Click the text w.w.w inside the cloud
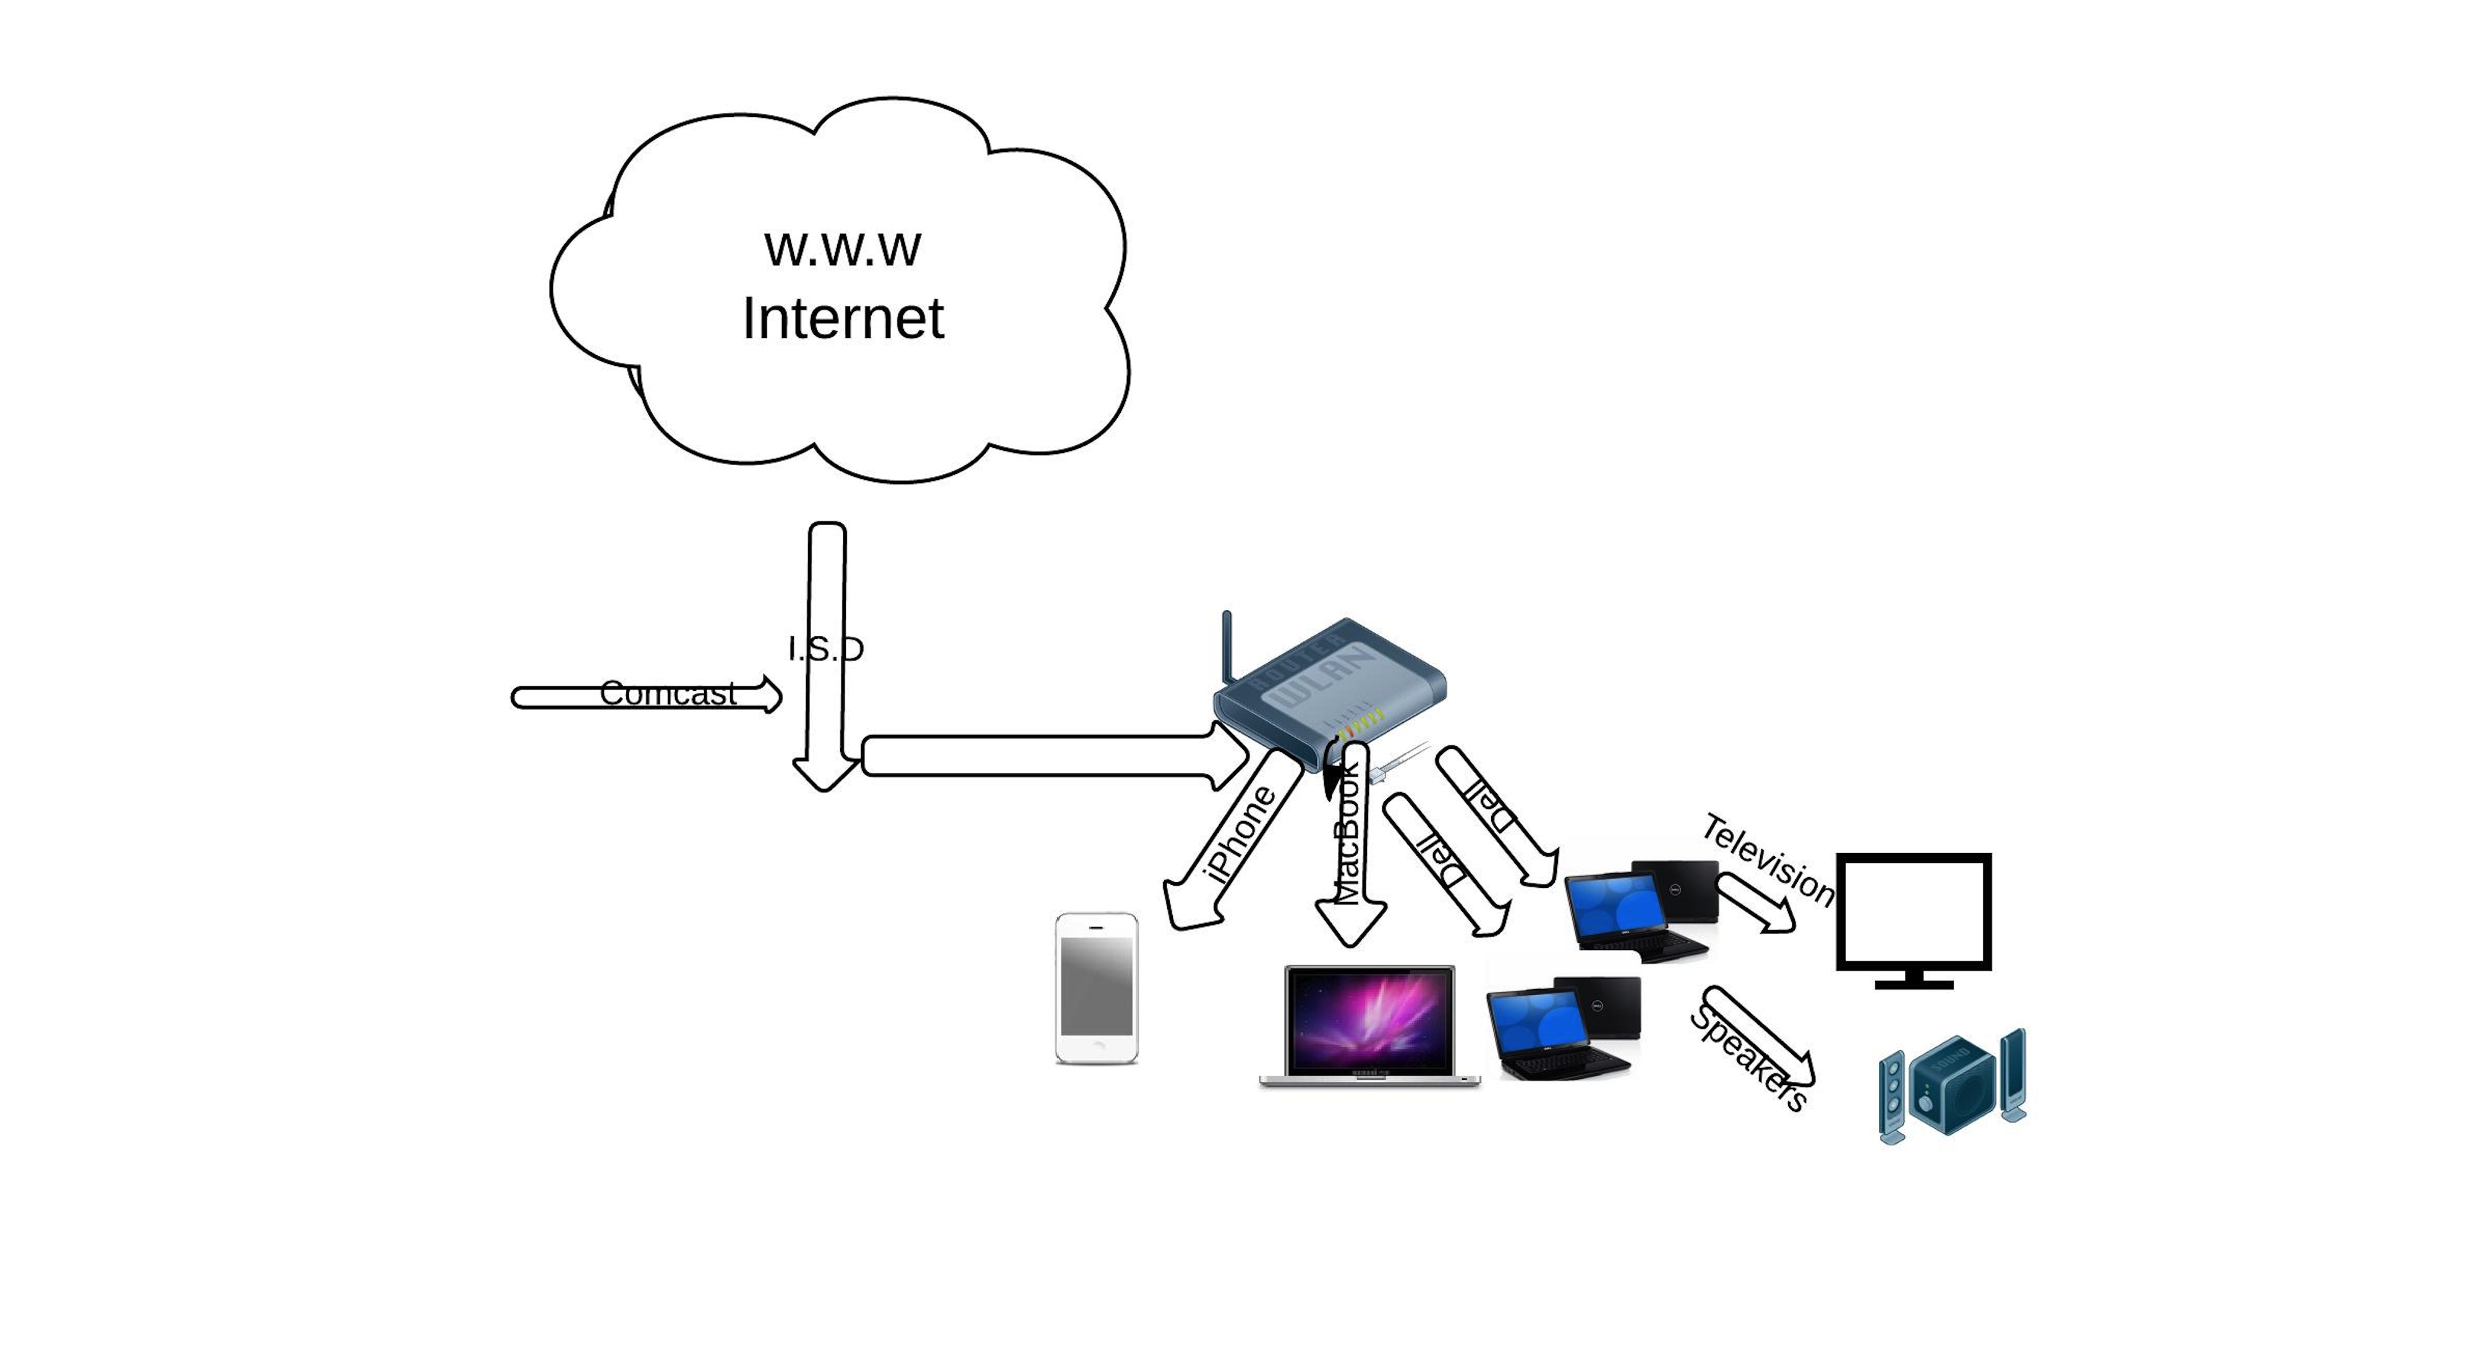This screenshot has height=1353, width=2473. pos(842,248)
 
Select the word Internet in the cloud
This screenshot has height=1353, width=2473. pos(843,319)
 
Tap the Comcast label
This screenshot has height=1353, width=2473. pos(668,693)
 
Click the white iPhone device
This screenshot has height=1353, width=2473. pos(1096,988)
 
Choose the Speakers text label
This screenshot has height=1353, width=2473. pos(1749,1058)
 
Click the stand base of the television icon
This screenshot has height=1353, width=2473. pos(1913,984)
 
